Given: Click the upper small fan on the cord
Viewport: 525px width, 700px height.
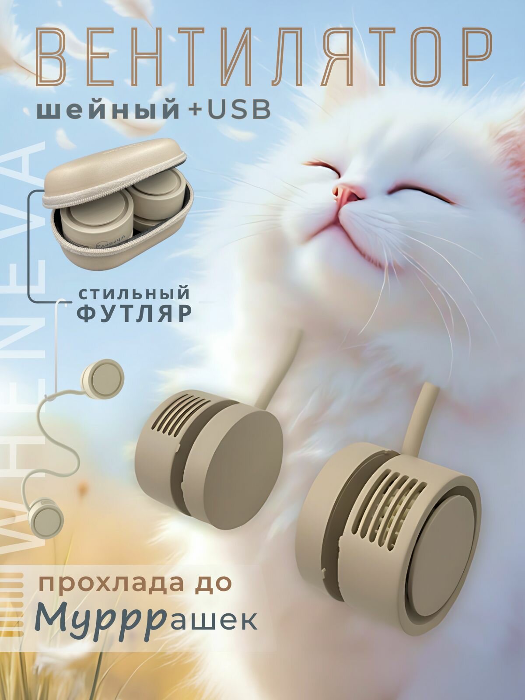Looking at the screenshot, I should [103, 379].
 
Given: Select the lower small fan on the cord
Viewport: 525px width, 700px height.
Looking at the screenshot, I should [46, 516].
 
